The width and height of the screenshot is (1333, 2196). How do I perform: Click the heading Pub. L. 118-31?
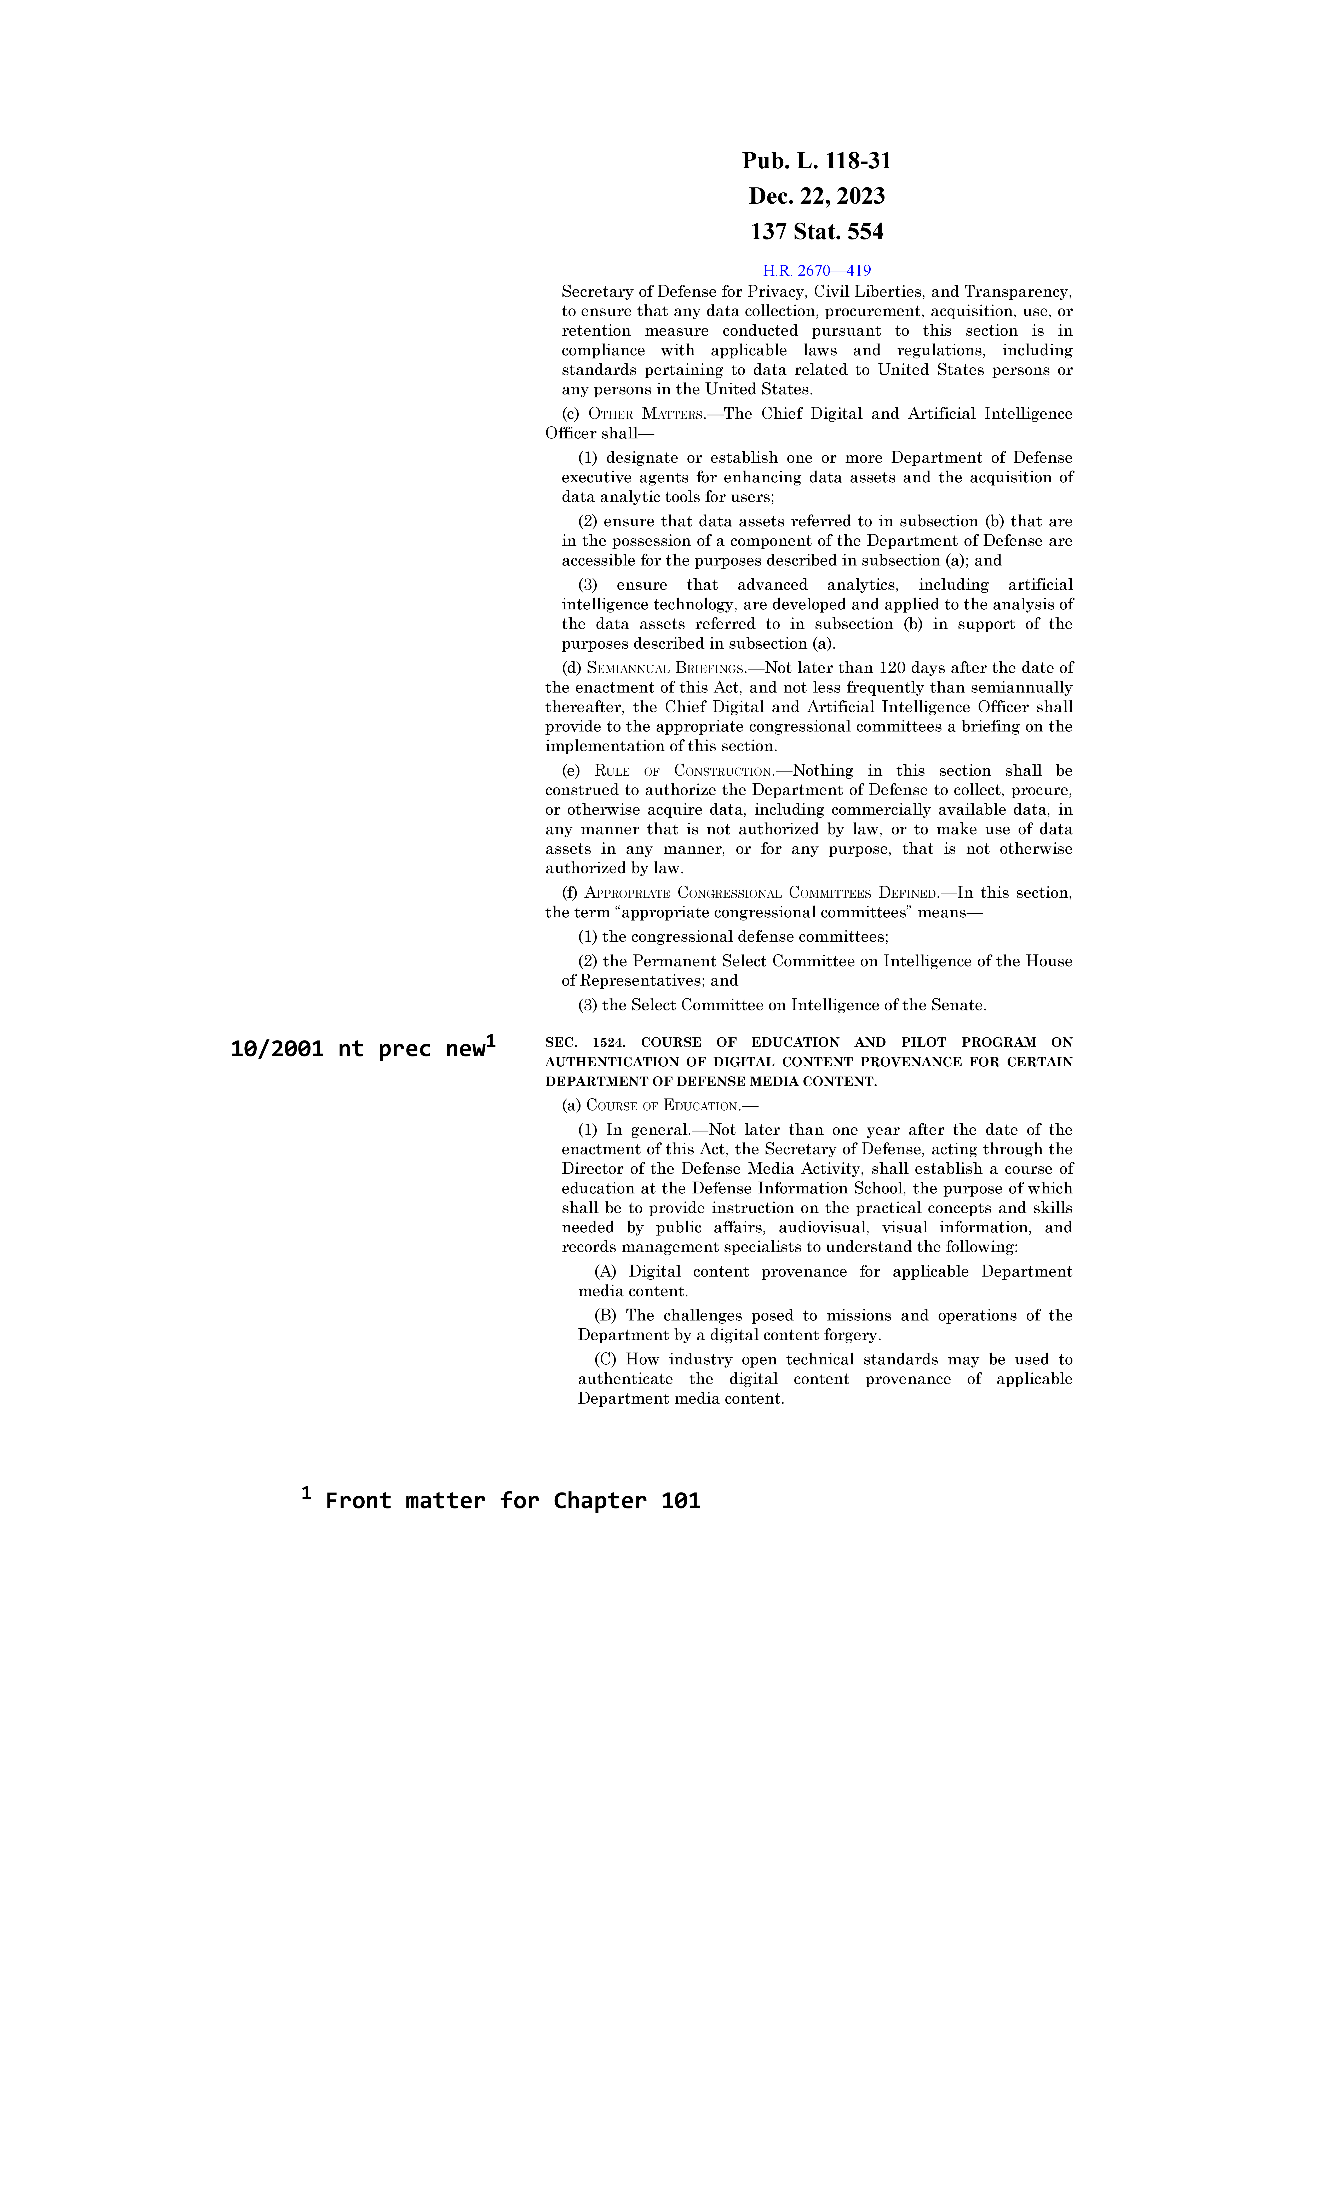(816, 161)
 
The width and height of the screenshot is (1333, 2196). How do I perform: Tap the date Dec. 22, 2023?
(816, 196)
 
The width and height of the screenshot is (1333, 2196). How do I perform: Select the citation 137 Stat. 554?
(816, 232)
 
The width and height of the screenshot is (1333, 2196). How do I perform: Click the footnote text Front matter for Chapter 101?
(512, 1501)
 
